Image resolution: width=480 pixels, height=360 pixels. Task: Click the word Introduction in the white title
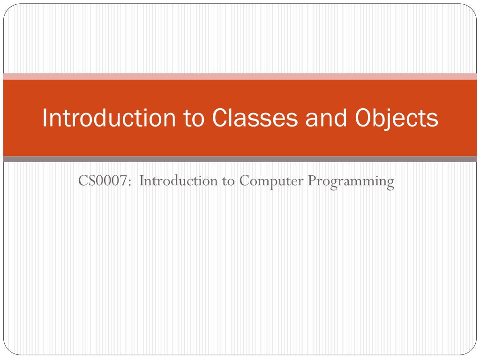[x=109, y=118]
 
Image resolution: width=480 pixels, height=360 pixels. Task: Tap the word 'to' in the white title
[x=194, y=118]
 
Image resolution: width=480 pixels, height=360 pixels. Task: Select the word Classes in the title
[x=255, y=118]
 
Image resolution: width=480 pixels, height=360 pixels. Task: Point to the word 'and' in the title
[x=326, y=118]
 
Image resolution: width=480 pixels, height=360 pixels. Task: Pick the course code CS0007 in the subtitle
[x=103, y=180]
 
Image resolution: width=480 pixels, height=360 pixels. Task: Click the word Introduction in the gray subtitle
[x=179, y=180]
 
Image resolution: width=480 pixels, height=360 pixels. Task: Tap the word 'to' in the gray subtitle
[x=228, y=181]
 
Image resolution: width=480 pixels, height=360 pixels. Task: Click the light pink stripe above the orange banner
[x=240, y=76]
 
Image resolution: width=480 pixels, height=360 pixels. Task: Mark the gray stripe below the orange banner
[x=240, y=159]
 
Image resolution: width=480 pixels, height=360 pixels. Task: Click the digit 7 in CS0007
[x=122, y=180]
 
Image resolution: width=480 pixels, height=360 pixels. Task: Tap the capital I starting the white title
[x=45, y=118]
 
